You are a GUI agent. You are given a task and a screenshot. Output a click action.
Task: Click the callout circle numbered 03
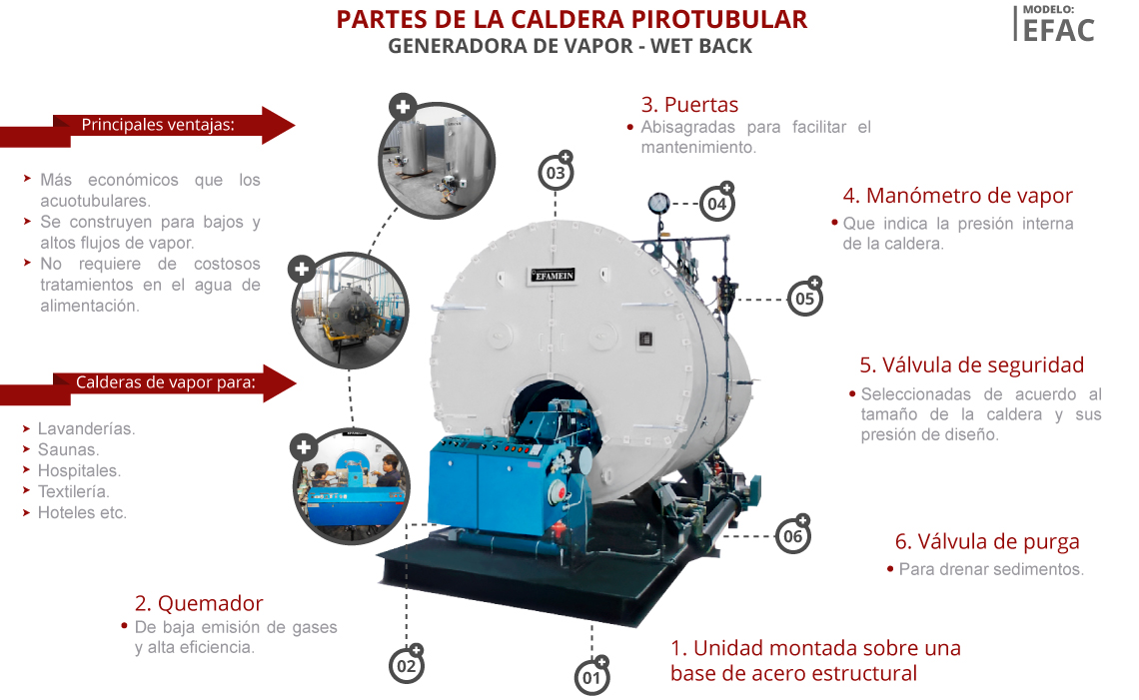tap(556, 173)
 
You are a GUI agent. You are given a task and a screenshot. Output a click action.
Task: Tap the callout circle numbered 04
tap(717, 204)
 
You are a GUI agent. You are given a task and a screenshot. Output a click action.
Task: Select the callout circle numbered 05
tap(805, 298)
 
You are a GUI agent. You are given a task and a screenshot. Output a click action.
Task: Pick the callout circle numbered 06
tap(792, 536)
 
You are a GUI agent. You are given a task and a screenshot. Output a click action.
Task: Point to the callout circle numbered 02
tap(407, 666)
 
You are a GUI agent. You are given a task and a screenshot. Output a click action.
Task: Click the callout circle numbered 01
tap(592, 677)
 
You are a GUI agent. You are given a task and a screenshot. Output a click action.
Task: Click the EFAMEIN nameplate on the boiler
tap(555, 276)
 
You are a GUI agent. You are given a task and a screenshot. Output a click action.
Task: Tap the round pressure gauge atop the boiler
tap(658, 202)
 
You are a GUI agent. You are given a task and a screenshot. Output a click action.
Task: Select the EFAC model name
tap(1058, 31)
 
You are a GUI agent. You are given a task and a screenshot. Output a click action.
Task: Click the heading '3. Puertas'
tap(689, 105)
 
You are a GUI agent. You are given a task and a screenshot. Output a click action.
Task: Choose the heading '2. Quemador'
tap(198, 603)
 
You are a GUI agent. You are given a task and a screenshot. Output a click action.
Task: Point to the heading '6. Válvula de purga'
tap(987, 541)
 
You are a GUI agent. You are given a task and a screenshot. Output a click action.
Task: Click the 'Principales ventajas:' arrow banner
tap(148, 127)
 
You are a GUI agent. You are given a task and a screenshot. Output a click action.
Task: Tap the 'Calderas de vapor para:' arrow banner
tap(148, 384)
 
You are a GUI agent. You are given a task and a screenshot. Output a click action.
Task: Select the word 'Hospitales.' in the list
tap(79, 470)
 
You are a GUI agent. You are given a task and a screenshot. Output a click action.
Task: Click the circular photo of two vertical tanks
tap(437, 161)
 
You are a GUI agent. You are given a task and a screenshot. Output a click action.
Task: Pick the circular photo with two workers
tap(352, 485)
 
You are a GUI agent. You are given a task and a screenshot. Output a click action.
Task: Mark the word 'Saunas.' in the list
tap(68, 449)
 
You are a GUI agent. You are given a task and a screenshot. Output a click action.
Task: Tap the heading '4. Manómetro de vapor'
tap(957, 196)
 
